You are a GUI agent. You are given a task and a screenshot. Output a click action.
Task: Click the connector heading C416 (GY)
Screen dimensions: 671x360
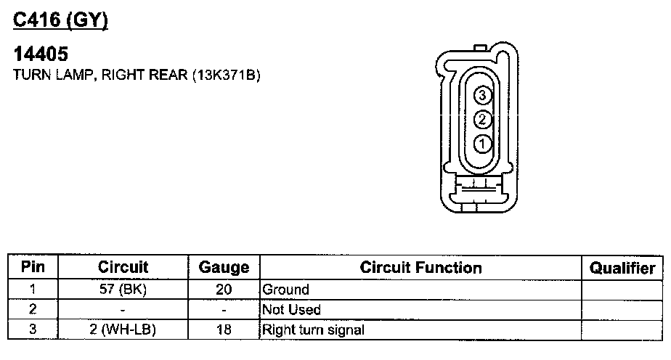tap(60, 20)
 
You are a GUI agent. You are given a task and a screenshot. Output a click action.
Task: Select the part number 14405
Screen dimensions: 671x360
tap(41, 54)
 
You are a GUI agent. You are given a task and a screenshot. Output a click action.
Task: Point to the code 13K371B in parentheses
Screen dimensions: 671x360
tap(227, 75)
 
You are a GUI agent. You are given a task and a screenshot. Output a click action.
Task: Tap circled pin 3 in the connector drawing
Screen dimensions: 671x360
tap(482, 95)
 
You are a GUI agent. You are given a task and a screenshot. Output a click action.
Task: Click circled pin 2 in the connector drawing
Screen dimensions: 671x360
tap(482, 119)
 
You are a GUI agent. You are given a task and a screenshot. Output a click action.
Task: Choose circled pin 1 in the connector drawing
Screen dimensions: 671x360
tap(482, 144)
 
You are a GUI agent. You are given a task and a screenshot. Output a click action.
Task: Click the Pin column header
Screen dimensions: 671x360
tap(33, 267)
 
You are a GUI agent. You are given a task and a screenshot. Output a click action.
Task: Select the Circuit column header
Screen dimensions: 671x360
tap(123, 267)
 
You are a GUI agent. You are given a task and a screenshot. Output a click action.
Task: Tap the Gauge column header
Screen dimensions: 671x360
tap(224, 267)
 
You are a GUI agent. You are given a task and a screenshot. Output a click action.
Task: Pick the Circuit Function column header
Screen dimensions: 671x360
tap(420, 267)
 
